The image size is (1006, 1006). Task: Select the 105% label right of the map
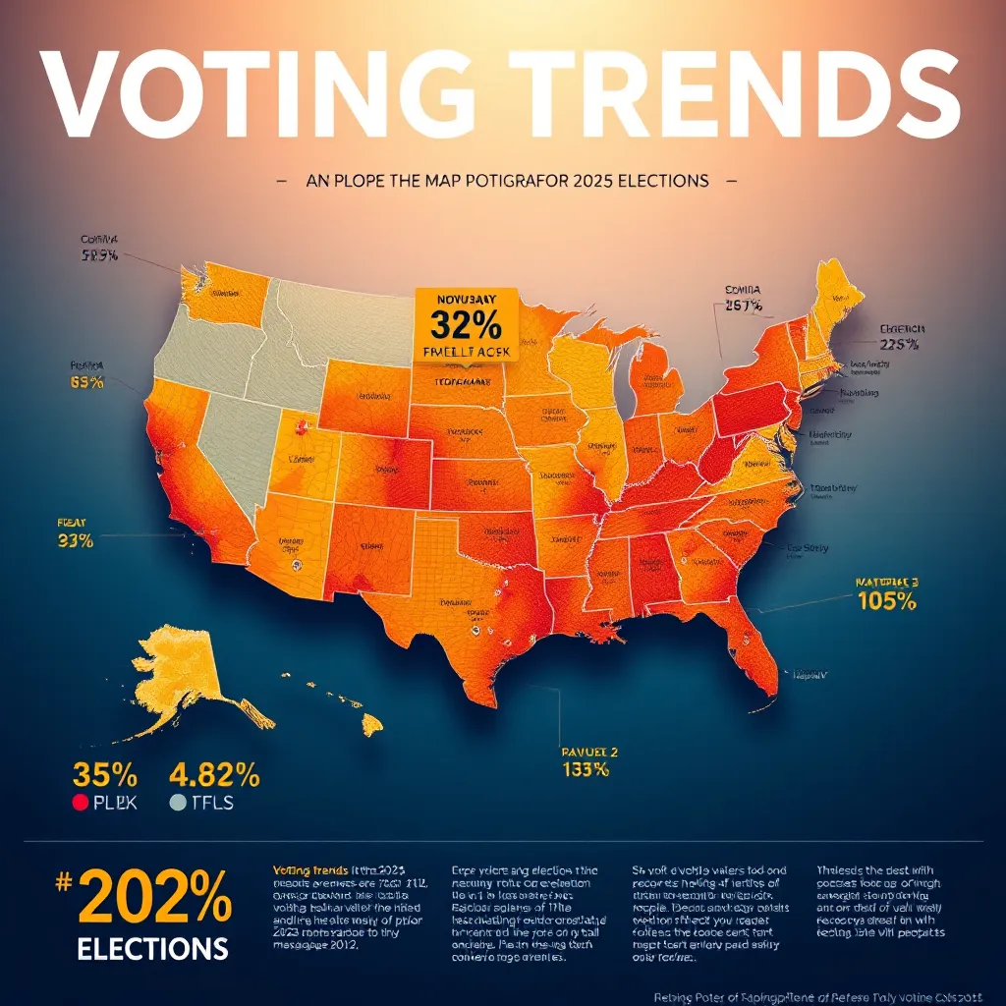[x=886, y=601]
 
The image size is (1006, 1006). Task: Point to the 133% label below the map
[x=586, y=769]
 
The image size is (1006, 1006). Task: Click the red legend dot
[x=81, y=803]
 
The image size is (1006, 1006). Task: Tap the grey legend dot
[x=177, y=803]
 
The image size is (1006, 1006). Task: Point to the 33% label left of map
[x=76, y=539]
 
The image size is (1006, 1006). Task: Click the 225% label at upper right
[x=899, y=344]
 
